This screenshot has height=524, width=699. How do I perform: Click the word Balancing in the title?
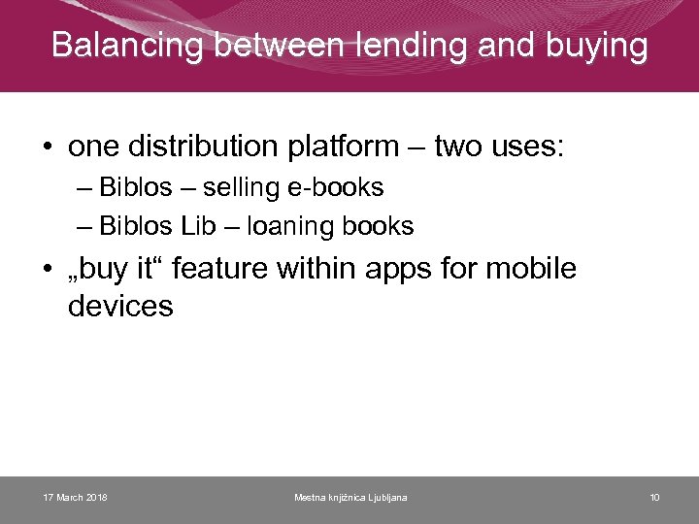(129, 45)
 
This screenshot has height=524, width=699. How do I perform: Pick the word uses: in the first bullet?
(528, 147)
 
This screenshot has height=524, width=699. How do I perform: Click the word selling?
(237, 187)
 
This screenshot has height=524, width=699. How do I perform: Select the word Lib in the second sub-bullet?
(197, 226)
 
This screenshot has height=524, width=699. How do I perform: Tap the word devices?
(120, 307)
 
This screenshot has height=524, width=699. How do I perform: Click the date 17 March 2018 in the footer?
(76, 498)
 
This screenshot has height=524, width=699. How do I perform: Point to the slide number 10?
(654, 498)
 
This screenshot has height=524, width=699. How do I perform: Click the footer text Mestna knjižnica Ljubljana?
(350, 498)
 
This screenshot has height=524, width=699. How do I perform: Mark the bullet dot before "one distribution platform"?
(47, 147)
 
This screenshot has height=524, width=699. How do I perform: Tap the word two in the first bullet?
(455, 147)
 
